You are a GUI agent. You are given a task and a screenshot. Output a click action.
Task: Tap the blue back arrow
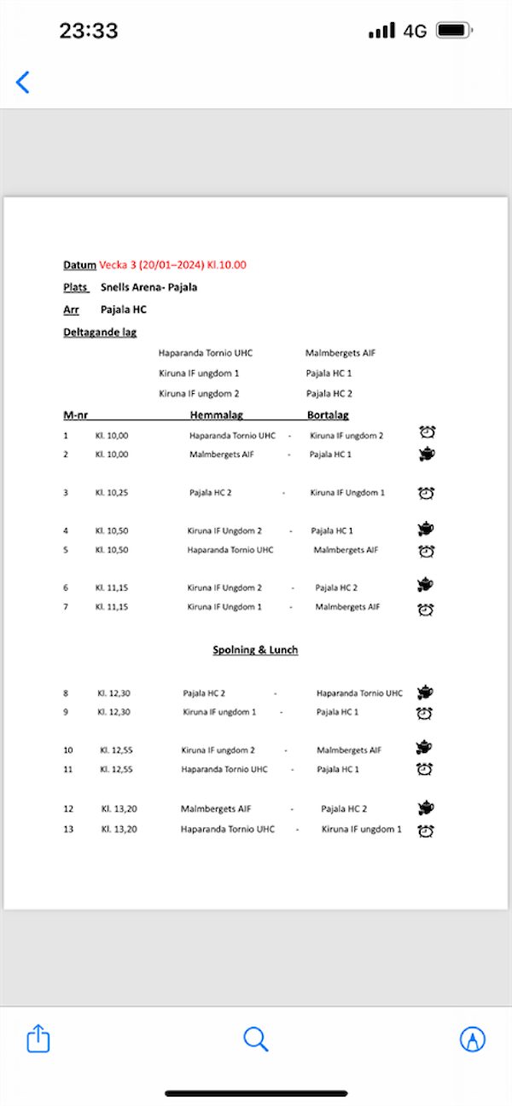(x=23, y=82)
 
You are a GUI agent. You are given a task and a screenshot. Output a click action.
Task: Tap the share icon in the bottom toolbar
(x=38, y=1039)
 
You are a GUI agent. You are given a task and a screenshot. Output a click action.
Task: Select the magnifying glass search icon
(x=255, y=1039)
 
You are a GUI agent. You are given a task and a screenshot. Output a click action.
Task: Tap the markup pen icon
(x=472, y=1039)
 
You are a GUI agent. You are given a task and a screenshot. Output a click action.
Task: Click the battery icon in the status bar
(x=454, y=31)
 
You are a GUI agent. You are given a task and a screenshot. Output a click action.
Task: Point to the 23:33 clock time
(x=88, y=31)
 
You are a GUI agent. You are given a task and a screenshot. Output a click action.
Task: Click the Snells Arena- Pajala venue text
(x=148, y=287)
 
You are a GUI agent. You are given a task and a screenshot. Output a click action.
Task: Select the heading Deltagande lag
(x=100, y=333)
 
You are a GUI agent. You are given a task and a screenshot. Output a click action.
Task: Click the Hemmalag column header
(x=217, y=415)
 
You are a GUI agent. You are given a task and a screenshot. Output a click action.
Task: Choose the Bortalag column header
(x=328, y=415)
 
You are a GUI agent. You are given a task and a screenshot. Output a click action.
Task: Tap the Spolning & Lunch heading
(x=255, y=650)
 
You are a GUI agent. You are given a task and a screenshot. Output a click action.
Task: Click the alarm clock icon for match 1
(x=427, y=433)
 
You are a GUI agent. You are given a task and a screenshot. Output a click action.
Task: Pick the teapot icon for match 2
(x=426, y=454)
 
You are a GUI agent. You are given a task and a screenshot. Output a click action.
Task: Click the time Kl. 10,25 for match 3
(x=112, y=493)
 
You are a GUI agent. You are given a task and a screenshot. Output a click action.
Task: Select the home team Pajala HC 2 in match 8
(x=204, y=693)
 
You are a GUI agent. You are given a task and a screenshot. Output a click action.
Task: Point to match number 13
(x=68, y=829)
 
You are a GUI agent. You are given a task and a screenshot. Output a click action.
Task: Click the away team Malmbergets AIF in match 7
(x=347, y=607)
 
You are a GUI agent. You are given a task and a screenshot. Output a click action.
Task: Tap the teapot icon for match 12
(x=426, y=807)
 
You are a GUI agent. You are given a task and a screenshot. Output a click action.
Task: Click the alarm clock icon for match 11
(x=425, y=769)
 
